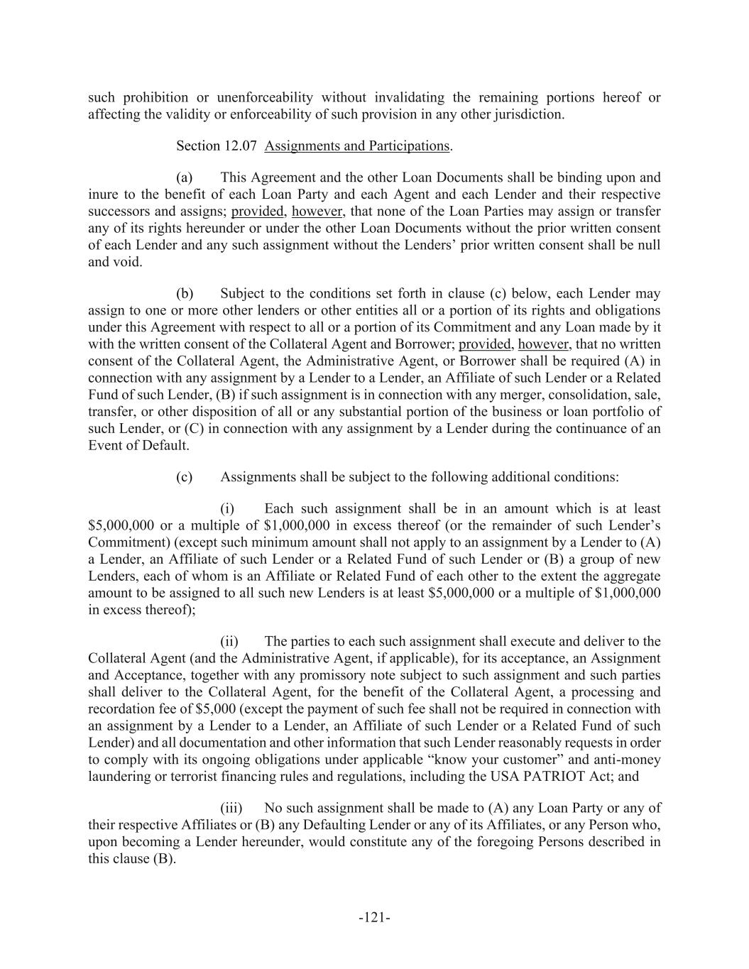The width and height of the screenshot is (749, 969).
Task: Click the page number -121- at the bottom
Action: pyautogui.click(x=374, y=918)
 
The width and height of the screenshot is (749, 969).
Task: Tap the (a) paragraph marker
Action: pyautogui.click(x=185, y=177)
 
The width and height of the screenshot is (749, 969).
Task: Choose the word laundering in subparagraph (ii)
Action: pyautogui.click(x=117, y=777)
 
